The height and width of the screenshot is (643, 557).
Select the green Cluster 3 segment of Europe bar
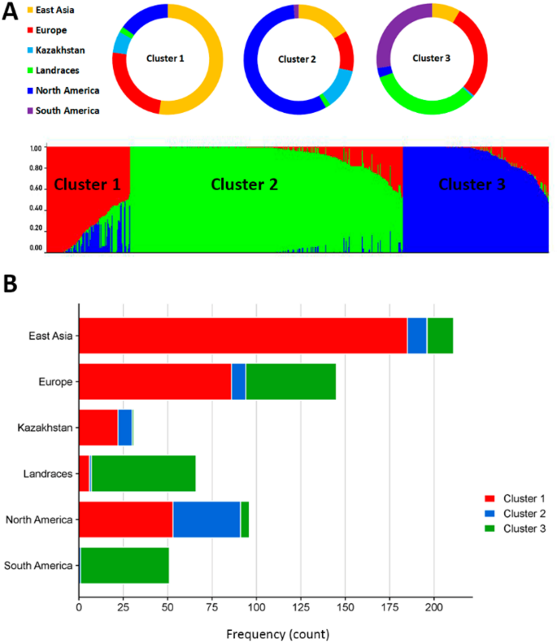(290, 382)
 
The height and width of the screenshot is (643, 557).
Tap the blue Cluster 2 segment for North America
(206, 519)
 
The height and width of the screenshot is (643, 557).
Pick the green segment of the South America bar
(124, 565)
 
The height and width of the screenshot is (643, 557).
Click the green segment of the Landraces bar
(144, 473)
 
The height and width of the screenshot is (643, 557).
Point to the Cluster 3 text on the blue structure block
(472, 185)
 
